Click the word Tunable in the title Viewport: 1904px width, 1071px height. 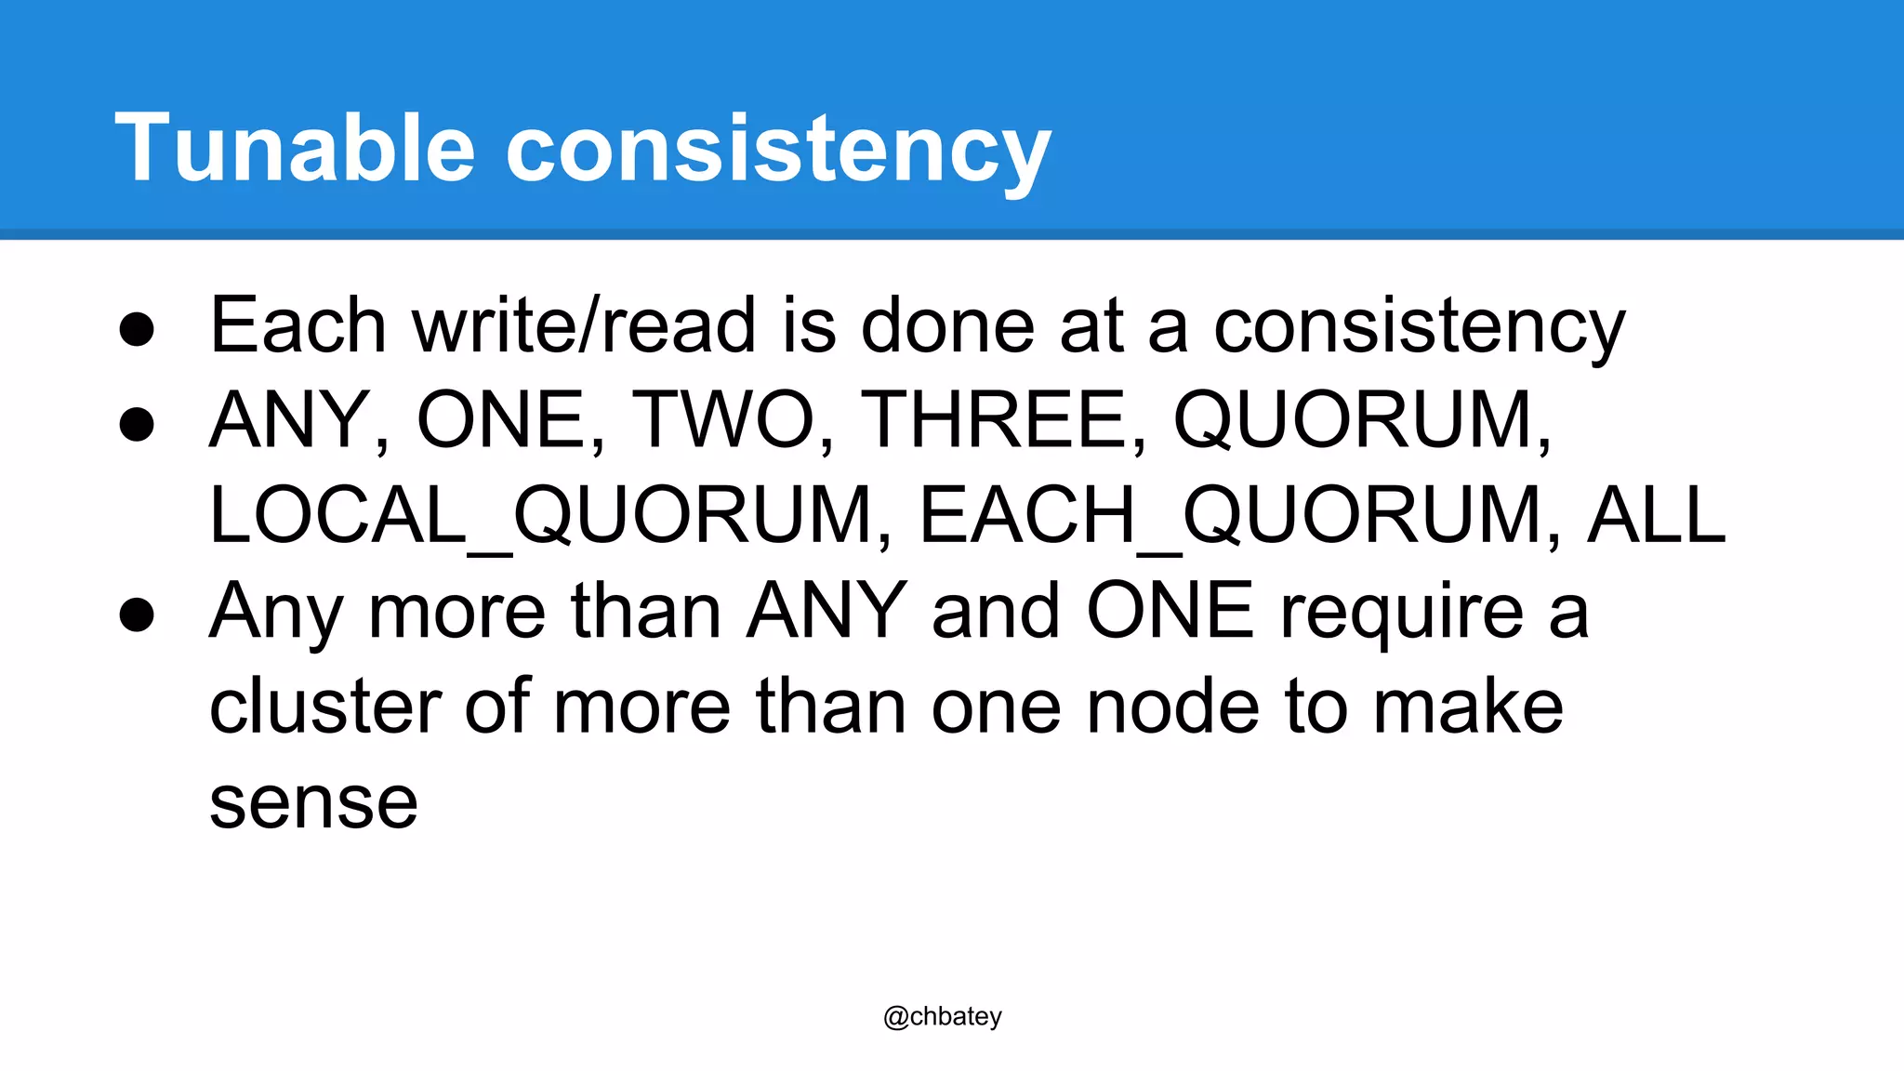(295, 148)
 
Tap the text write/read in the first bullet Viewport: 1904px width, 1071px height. (584, 325)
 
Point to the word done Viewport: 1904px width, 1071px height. (947, 325)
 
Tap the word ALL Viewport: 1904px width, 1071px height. (1656, 515)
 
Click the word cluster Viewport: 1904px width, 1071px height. (324, 707)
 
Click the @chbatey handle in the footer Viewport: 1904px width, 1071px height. (943, 1017)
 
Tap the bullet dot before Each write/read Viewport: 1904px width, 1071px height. (137, 329)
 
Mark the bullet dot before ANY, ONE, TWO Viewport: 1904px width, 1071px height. (137, 424)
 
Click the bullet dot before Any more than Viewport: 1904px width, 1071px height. (137, 615)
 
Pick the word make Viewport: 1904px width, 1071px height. (1468, 707)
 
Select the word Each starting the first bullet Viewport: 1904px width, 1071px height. (297, 325)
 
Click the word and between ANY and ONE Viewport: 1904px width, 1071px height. (996, 611)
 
